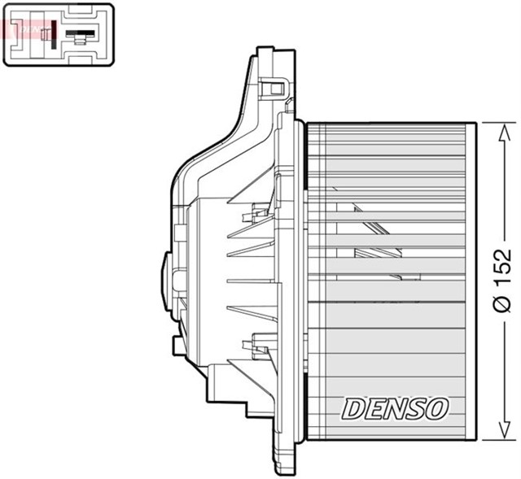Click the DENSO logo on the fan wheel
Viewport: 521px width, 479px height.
(395, 408)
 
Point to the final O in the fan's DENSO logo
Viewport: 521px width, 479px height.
(436, 408)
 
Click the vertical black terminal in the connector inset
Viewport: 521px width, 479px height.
(55, 34)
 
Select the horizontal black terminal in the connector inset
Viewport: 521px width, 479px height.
(80, 36)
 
